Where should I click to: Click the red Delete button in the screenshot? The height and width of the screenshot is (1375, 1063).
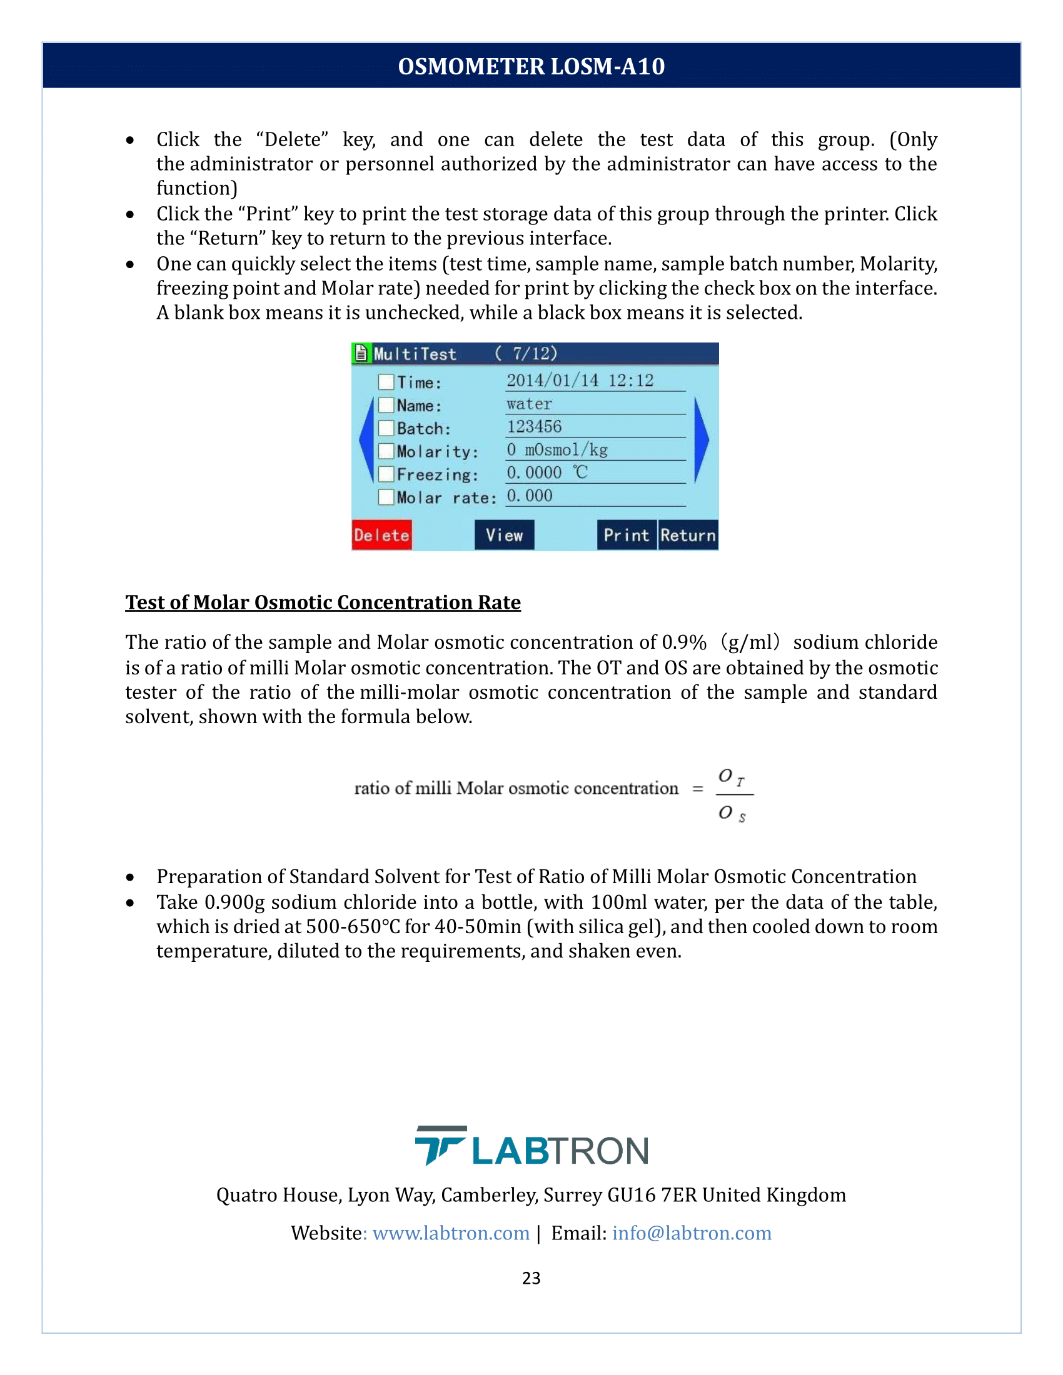381,535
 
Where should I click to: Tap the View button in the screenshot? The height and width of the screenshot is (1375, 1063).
504,535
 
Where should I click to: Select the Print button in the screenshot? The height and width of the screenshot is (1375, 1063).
627,535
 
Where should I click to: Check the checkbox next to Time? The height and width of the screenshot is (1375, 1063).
386,382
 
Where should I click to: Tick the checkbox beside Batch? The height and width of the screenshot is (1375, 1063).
386,429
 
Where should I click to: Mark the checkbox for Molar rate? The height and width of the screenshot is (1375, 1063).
386,497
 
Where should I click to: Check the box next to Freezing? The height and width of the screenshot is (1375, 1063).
386,474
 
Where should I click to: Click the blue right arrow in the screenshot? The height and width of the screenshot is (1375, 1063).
701,440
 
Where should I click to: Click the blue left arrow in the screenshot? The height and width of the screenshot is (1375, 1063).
366,440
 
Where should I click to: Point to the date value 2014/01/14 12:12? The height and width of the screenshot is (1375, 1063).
580,380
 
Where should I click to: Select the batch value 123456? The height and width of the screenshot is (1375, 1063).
534,427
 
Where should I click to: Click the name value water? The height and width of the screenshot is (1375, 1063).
529,404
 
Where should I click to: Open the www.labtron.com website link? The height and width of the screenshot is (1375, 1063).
451,1232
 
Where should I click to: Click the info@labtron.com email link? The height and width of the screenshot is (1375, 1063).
692,1232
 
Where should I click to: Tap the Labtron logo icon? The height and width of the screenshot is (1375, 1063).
440,1144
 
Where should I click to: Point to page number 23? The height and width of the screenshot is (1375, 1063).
531,1278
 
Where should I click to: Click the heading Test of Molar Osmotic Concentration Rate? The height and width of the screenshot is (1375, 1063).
323,602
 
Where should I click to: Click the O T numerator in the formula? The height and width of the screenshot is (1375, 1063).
731,777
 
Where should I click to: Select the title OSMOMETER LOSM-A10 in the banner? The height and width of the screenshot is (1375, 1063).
531,66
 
